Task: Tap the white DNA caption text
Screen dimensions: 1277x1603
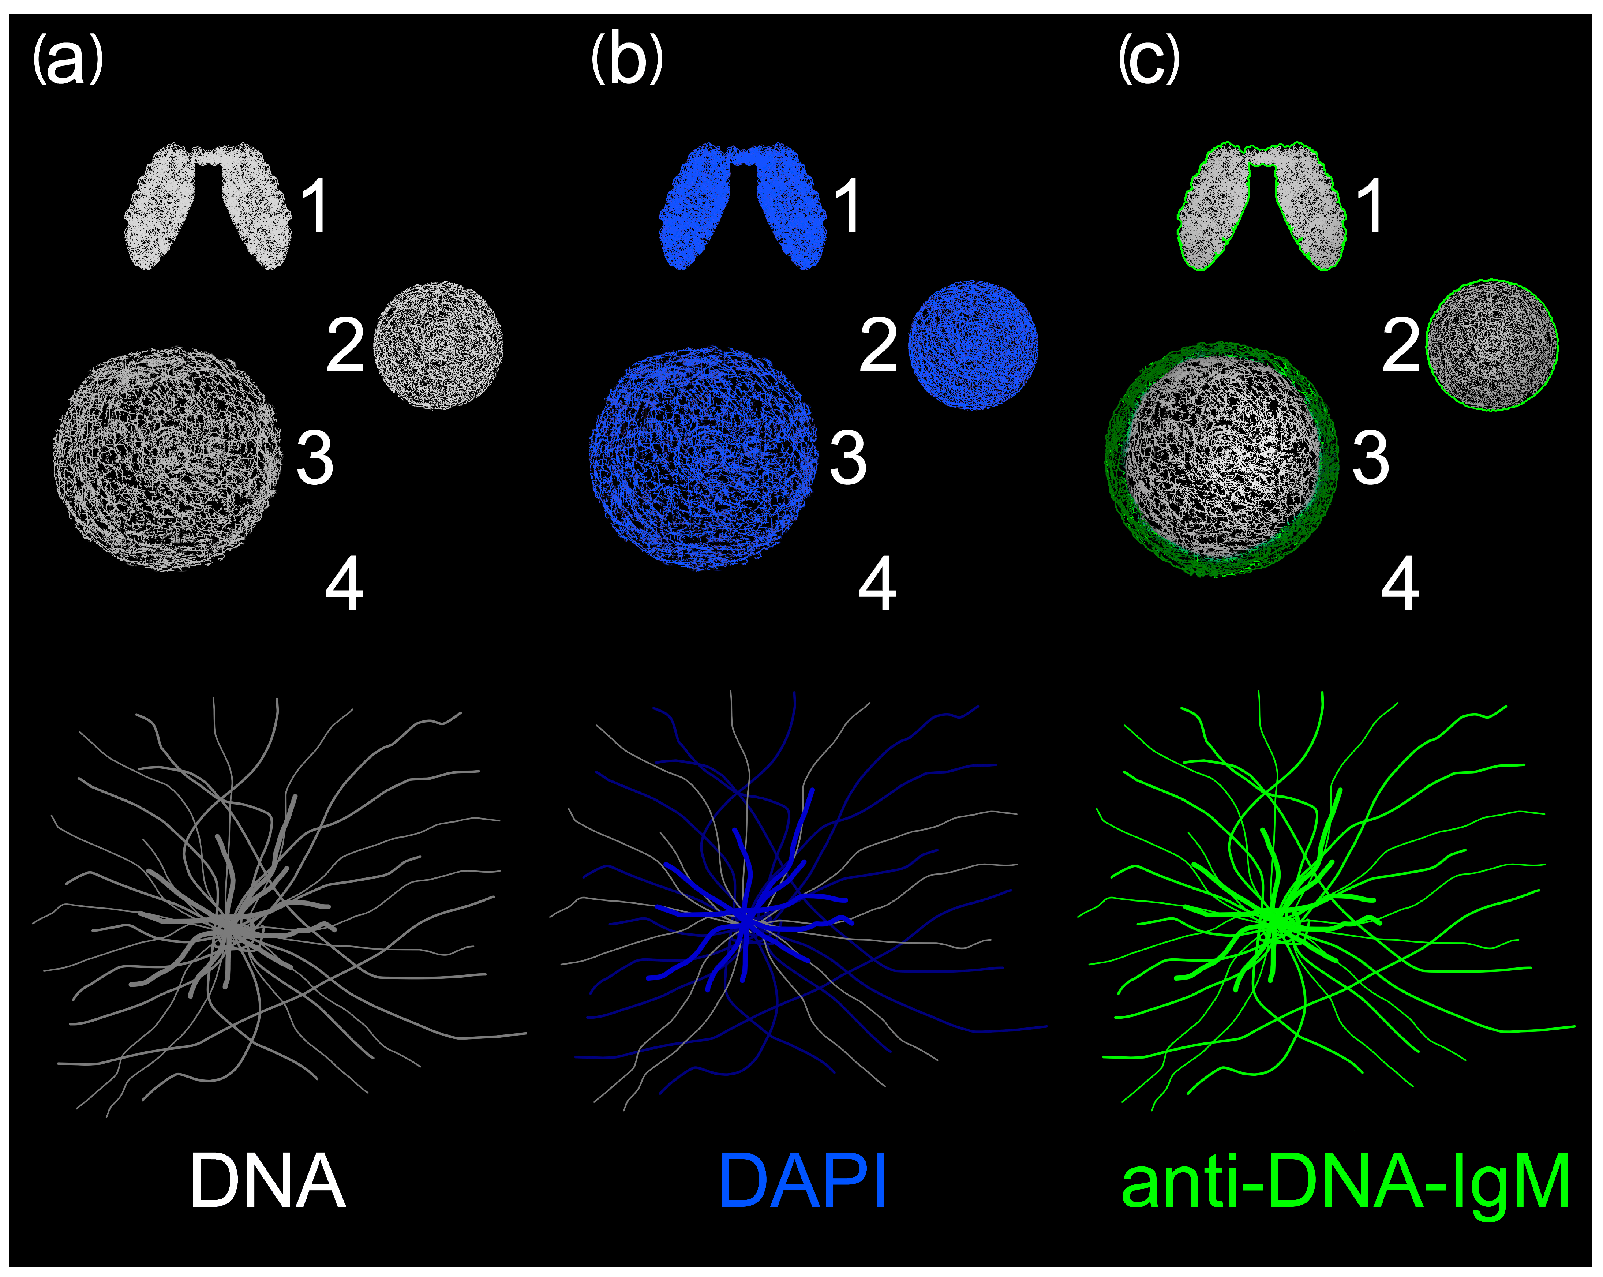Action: [x=268, y=1182]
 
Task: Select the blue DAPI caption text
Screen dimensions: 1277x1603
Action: [x=803, y=1182]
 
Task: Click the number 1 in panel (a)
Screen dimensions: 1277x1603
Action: [x=315, y=207]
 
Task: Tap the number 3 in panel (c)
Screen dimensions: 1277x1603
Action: [x=1370, y=458]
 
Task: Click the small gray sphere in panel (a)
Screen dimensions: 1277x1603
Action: [x=438, y=345]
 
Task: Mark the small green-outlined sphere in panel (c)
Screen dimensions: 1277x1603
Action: [x=1491, y=345]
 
